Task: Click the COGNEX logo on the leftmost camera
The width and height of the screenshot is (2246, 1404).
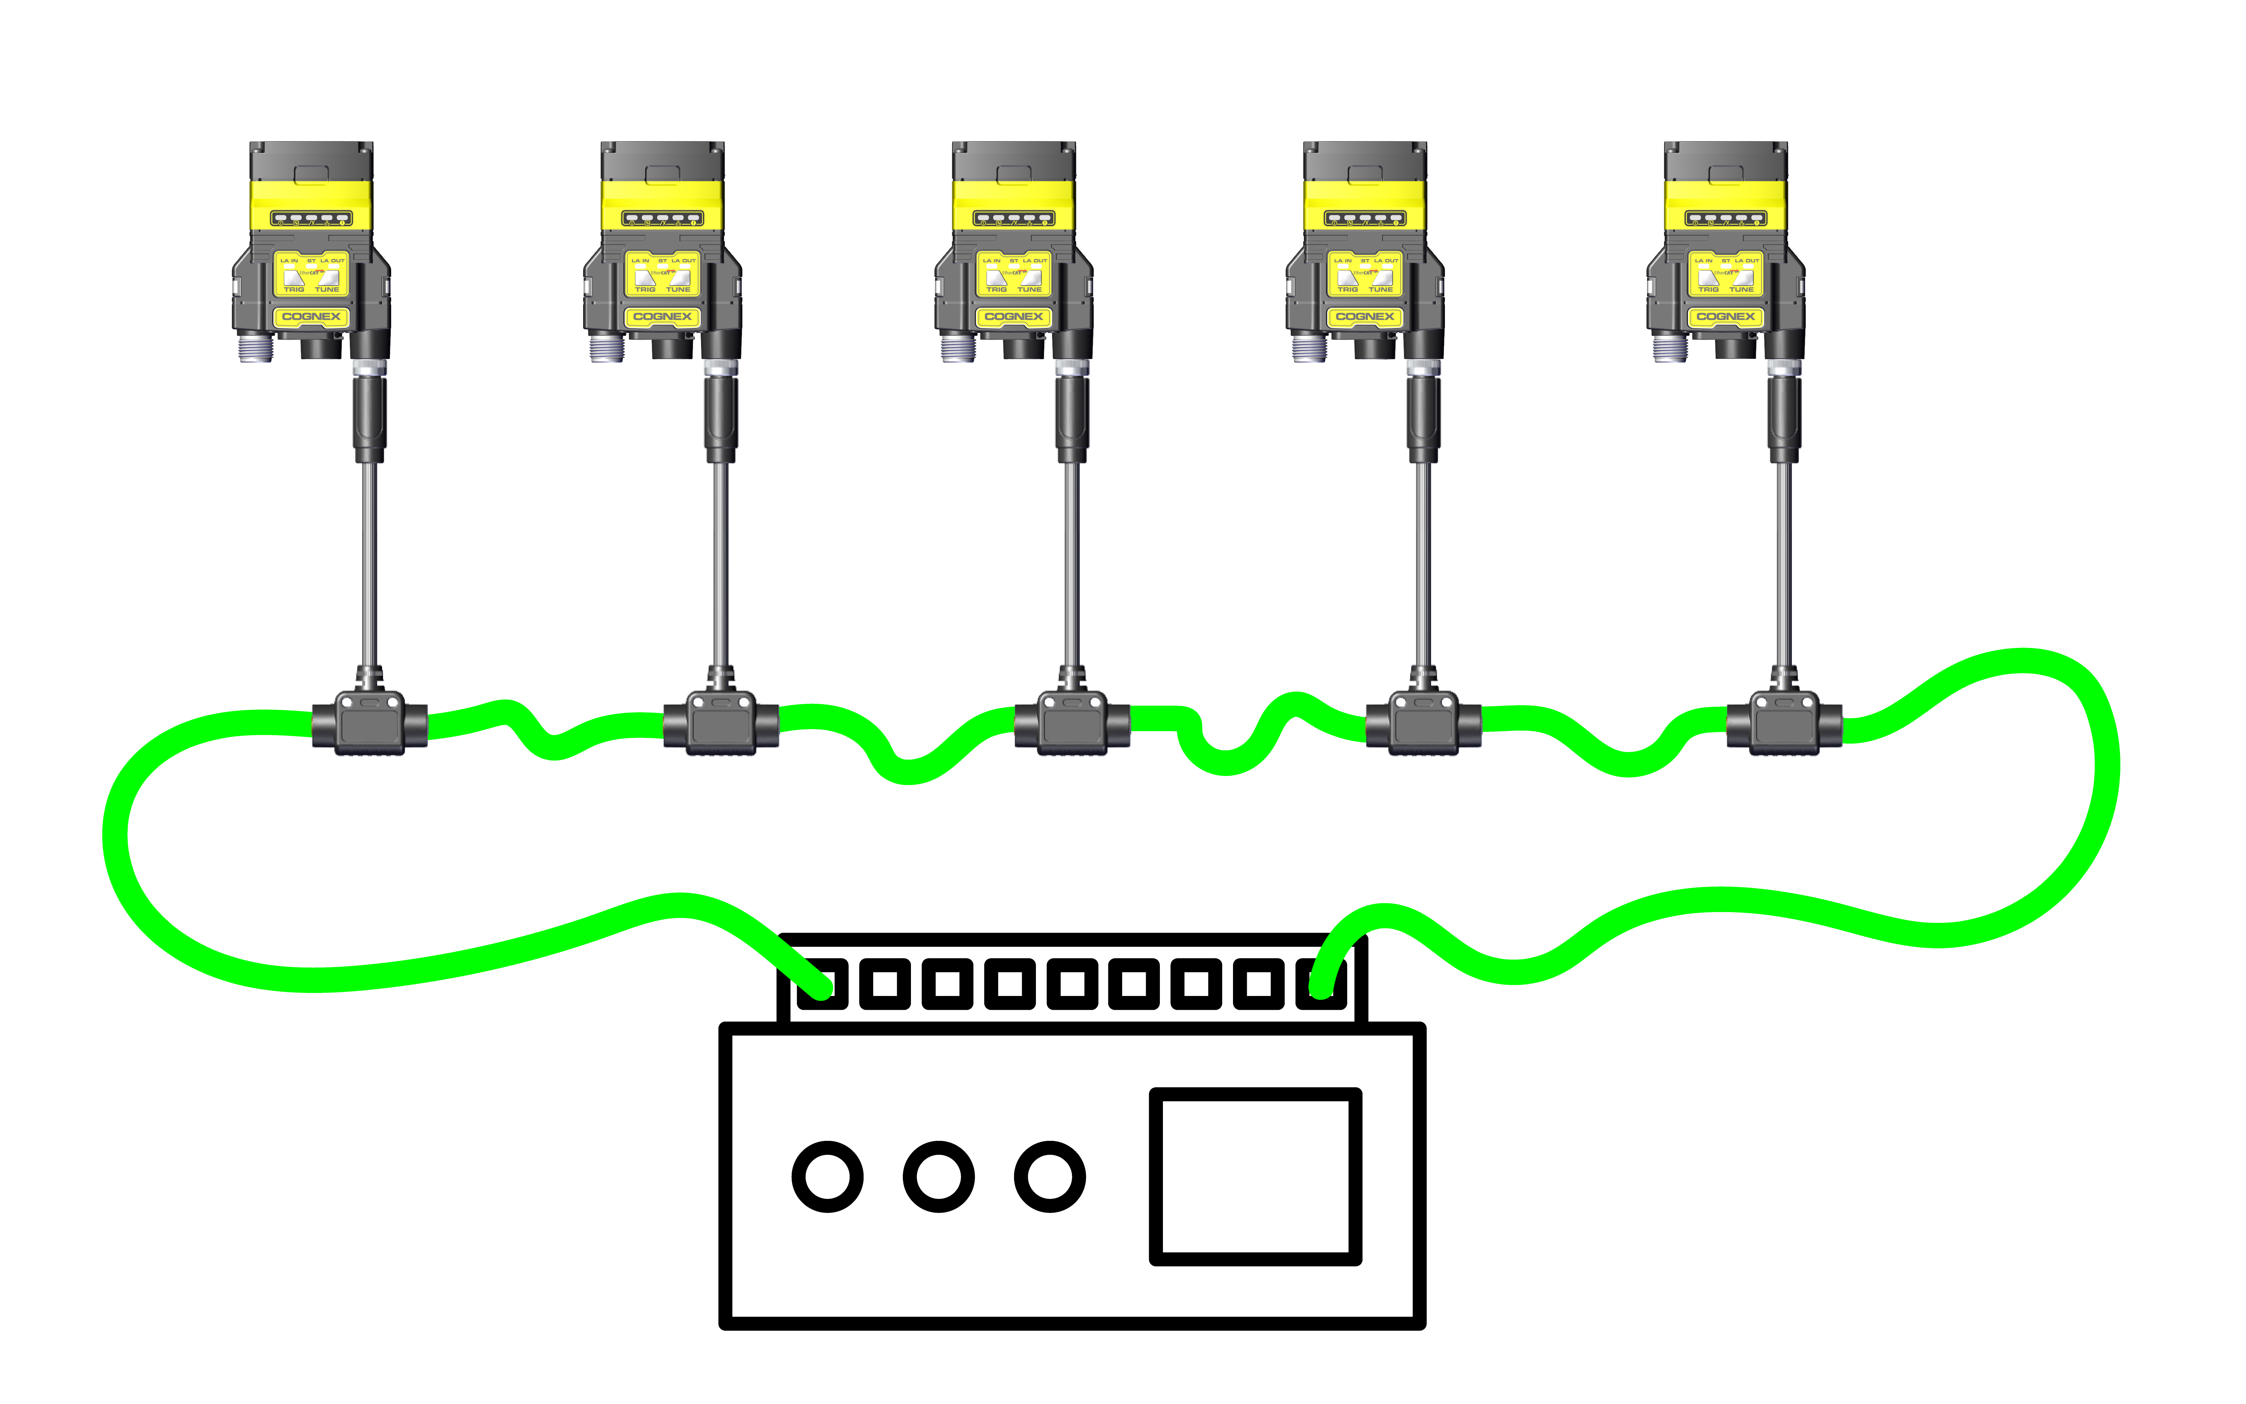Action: tap(311, 317)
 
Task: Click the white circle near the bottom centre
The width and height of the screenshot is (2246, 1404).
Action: tap(1049, 1177)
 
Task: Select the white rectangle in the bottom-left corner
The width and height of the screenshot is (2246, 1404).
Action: tap(274, 1253)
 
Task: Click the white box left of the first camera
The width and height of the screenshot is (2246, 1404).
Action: tap(166, 249)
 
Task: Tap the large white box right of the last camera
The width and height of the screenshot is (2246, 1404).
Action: tap(1962, 249)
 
